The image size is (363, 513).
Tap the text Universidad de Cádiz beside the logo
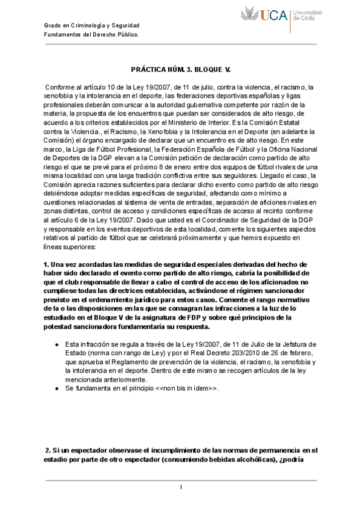click(307, 15)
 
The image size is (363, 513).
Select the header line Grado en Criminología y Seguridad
click(92, 25)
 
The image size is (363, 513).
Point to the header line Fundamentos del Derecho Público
click(92, 34)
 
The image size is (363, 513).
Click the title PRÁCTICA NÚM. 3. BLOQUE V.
click(181, 70)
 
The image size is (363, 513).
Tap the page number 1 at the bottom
click(181, 488)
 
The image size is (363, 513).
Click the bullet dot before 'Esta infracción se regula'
click(56, 344)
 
